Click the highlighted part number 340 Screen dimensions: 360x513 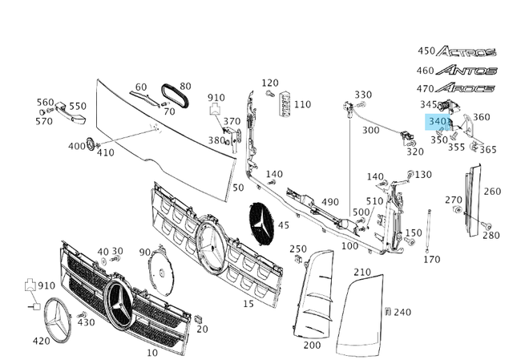pos(438,122)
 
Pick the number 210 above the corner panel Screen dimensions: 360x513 pos(362,272)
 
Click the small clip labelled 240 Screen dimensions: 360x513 pos(387,311)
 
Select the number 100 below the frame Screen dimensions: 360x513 pos(349,246)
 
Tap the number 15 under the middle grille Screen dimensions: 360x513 pos(248,303)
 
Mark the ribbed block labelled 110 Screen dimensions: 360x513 pos(283,105)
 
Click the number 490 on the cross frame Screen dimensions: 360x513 pos(330,202)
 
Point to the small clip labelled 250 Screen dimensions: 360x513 pos(297,260)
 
